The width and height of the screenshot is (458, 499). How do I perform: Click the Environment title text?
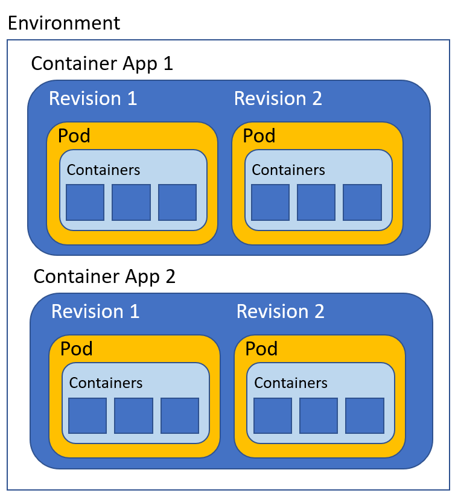tap(63, 23)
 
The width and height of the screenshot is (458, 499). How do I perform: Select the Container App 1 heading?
tap(102, 63)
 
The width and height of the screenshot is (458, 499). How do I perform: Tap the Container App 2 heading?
tap(104, 276)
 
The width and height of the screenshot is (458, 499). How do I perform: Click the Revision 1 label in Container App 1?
tap(93, 98)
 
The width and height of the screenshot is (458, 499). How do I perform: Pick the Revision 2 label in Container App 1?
tap(278, 98)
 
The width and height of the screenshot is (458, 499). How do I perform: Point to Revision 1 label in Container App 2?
tap(95, 311)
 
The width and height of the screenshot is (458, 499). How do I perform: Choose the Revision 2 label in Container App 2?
tap(280, 311)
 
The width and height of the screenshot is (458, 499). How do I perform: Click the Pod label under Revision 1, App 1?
tap(74, 136)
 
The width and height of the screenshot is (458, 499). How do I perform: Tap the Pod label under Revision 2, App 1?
tap(259, 136)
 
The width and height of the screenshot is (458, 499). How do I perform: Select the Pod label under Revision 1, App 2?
tap(77, 349)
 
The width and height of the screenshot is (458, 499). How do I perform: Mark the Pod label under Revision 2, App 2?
tap(261, 349)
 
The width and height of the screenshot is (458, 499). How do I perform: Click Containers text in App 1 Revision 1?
tap(103, 170)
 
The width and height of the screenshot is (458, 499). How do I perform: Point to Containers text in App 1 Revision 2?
tap(288, 170)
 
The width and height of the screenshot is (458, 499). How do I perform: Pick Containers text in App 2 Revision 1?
tap(106, 383)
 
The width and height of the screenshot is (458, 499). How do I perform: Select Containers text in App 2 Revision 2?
tap(290, 383)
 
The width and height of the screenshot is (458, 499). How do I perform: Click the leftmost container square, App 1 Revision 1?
tap(84, 203)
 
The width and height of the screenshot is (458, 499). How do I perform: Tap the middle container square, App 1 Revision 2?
tap(316, 203)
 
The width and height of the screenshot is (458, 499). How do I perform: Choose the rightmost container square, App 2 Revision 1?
tap(180, 416)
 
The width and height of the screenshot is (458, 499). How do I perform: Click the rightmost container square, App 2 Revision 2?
tap(364, 416)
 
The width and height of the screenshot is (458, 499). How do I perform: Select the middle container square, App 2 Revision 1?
tap(133, 416)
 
